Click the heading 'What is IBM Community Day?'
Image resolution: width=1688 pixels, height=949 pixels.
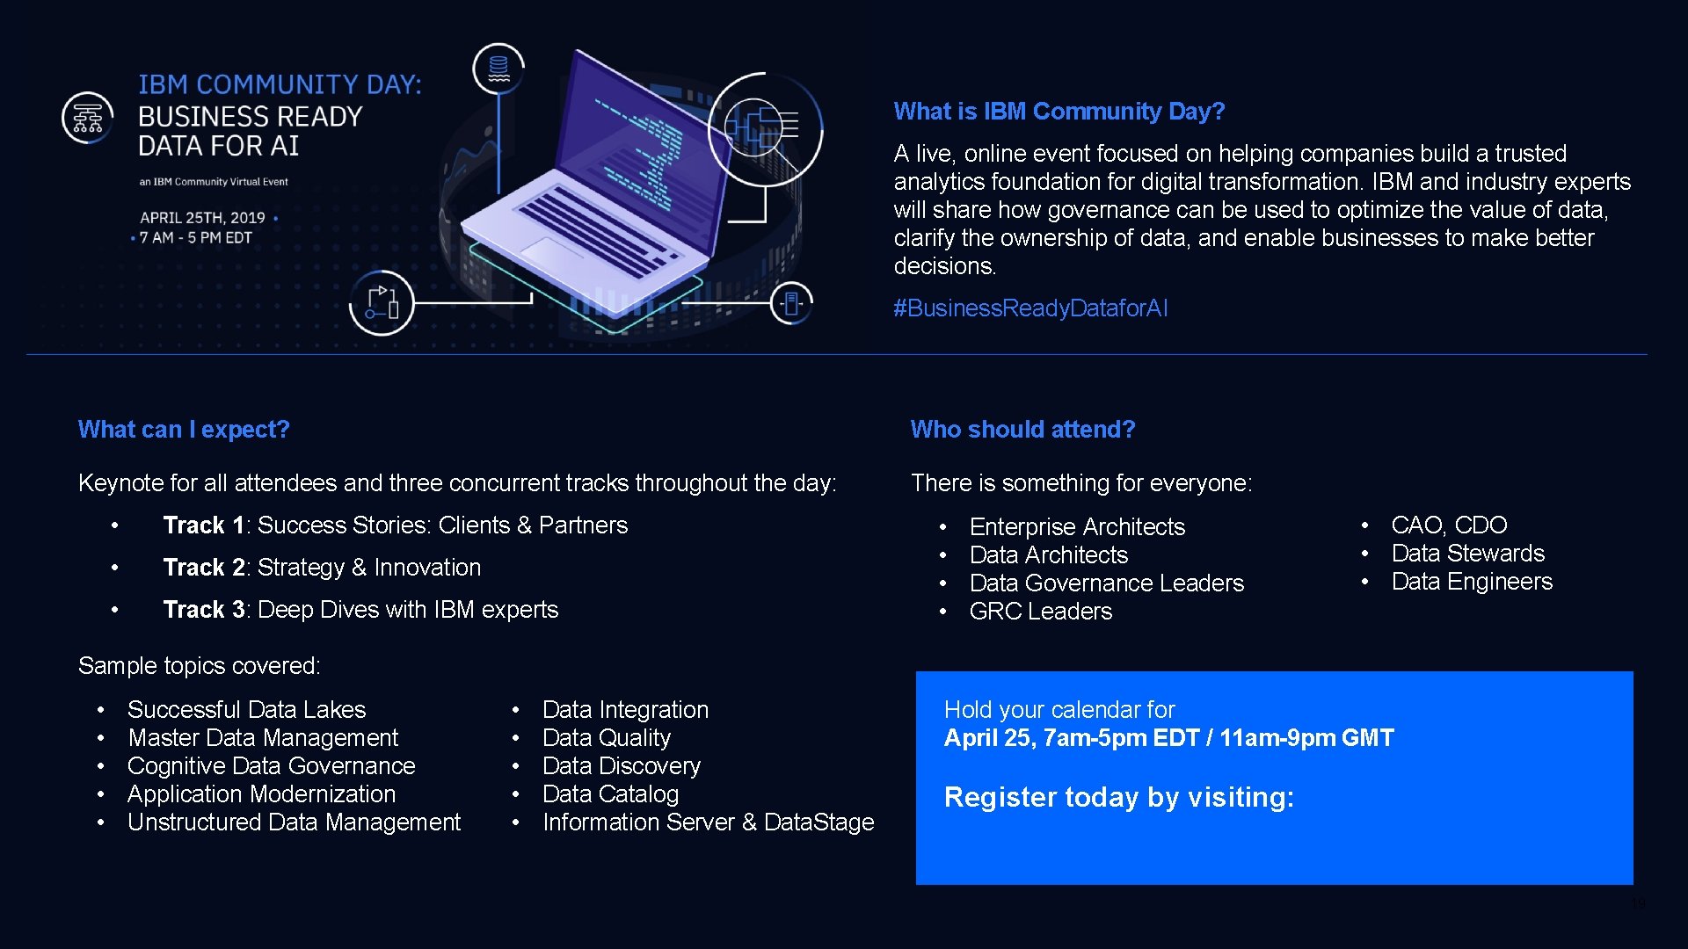pyautogui.click(x=1059, y=112)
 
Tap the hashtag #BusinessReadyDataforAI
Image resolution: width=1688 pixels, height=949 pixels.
pyautogui.click(x=1030, y=308)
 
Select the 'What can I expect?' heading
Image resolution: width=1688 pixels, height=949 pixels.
pyautogui.click(x=184, y=430)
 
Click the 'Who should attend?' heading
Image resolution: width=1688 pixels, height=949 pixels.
pyautogui.click(x=1022, y=430)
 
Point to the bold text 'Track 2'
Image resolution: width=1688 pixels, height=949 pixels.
pyautogui.click(x=203, y=568)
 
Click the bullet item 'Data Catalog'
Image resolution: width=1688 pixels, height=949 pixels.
pyautogui.click(x=610, y=794)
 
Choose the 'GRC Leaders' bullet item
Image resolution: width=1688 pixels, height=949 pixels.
pyautogui.click(x=1040, y=612)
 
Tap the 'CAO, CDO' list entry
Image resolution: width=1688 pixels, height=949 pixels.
pyautogui.click(x=1449, y=525)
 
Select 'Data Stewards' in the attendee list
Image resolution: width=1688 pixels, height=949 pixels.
pyautogui.click(x=1467, y=554)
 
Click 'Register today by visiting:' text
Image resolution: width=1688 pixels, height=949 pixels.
pyautogui.click(x=1118, y=797)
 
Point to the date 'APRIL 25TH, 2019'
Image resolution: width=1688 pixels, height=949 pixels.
pyautogui.click(x=202, y=218)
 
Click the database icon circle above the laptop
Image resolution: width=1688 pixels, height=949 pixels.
pyautogui.click(x=498, y=68)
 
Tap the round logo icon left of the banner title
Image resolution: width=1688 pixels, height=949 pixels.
pyautogui.click(x=88, y=118)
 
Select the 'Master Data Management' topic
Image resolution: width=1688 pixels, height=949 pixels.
pyautogui.click(x=262, y=738)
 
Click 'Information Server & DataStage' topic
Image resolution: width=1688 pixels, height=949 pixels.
pyautogui.click(x=708, y=822)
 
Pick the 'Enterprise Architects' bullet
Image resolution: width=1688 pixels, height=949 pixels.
pyautogui.click(x=1077, y=527)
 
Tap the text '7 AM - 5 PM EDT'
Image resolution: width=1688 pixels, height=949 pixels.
pyautogui.click(x=195, y=238)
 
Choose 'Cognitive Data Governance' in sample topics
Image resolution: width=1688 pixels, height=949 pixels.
pyautogui.click(x=271, y=766)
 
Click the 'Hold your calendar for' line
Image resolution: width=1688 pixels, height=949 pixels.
pyautogui.click(x=1059, y=710)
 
